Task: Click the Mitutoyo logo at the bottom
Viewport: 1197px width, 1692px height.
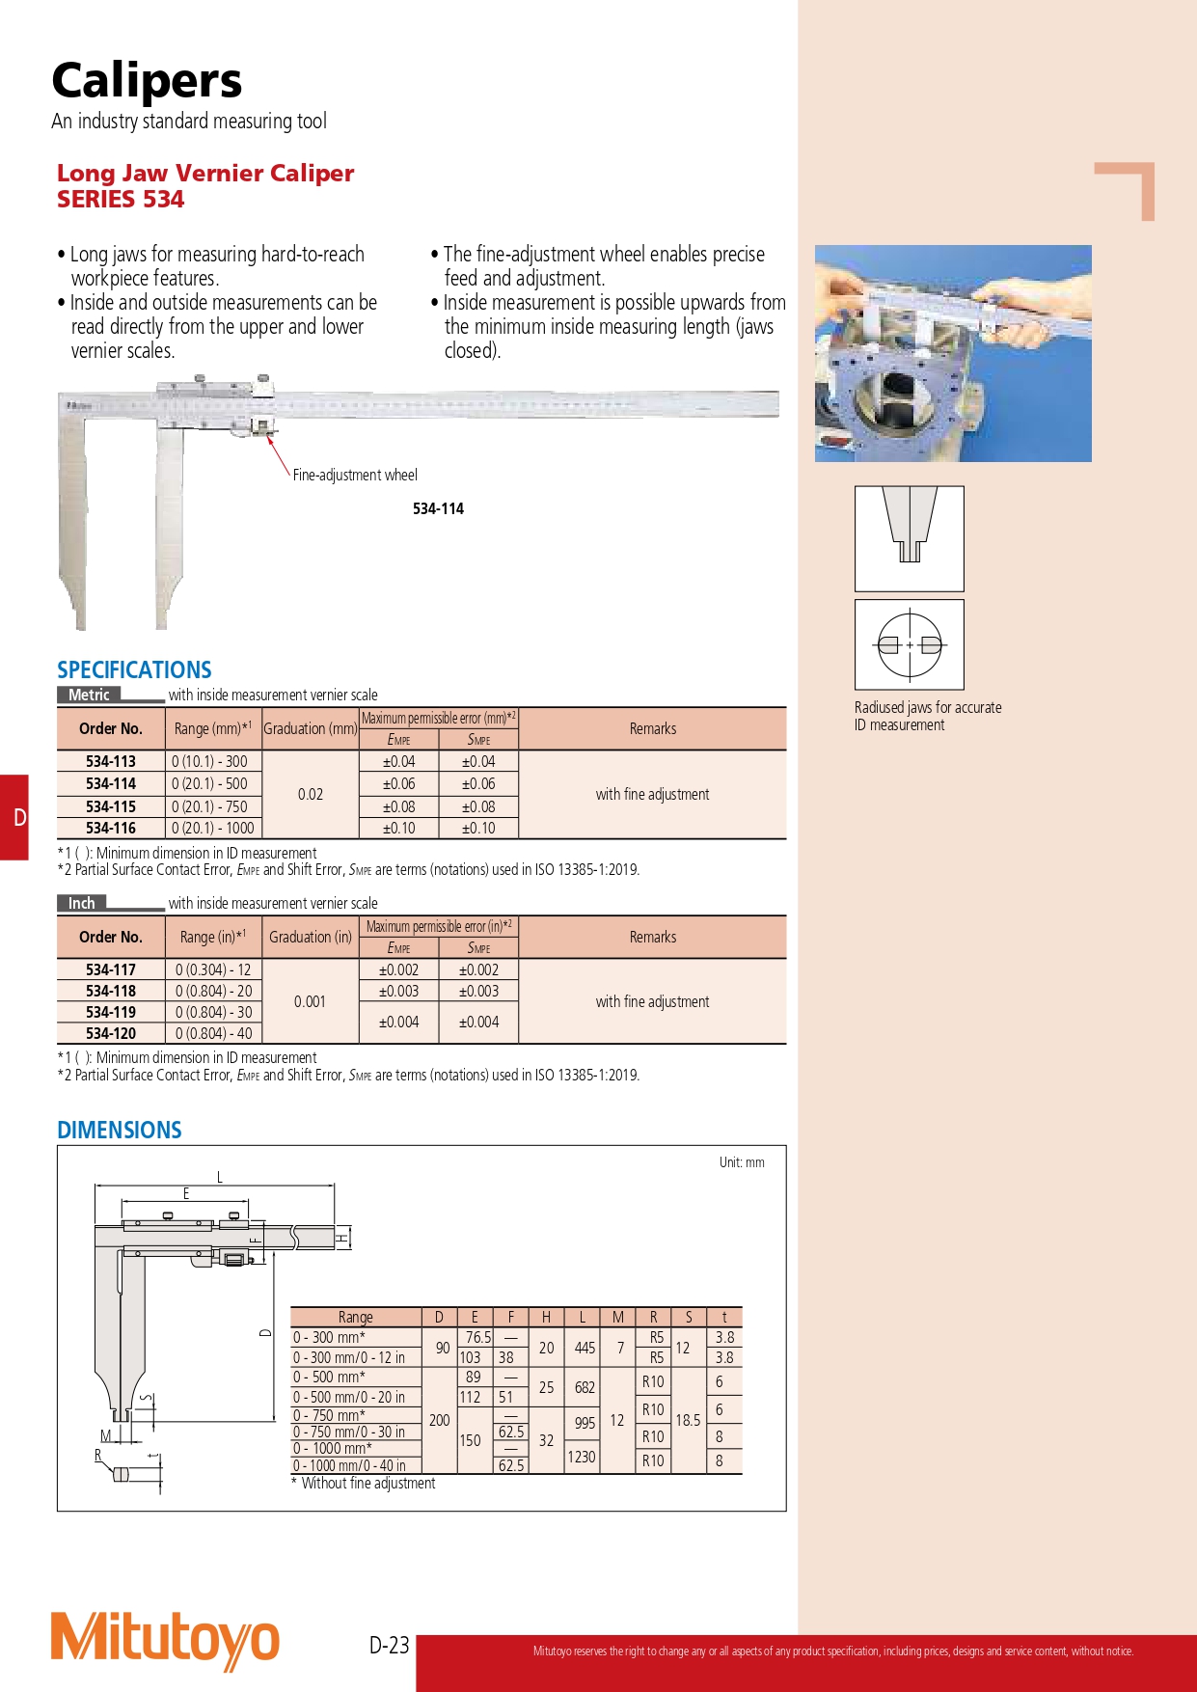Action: coord(165,1639)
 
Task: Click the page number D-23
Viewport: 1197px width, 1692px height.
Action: coord(390,1645)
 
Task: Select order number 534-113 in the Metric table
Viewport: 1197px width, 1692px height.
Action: coord(111,761)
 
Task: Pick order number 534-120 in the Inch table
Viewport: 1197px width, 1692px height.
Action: coord(111,1033)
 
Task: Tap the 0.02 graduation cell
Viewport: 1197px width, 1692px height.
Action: coord(311,794)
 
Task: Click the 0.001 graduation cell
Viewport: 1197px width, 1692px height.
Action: coord(310,1001)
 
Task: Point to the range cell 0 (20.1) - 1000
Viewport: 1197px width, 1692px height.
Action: coord(213,828)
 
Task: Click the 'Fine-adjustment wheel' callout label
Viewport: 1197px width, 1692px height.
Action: coord(355,475)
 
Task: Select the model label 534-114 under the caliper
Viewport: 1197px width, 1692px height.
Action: coord(438,508)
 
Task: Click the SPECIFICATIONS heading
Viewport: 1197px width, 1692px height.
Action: coord(134,669)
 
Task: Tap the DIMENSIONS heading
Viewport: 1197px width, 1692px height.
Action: coord(120,1130)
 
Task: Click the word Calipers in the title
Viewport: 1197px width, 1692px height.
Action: coord(147,81)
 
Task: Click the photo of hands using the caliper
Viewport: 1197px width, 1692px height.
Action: coord(953,353)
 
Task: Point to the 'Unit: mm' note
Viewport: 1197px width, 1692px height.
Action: coord(741,1162)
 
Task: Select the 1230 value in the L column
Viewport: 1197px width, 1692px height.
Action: coord(582,1457)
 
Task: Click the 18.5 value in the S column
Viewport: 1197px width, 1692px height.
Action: coord(688,1420)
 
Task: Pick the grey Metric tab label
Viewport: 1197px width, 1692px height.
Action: coord(89,695)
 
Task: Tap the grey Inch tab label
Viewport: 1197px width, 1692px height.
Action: coord(82,903)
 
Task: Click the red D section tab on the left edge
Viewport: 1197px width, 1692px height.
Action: coord(14,817)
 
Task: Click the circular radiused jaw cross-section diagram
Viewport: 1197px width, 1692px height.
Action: coord(909,644)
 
